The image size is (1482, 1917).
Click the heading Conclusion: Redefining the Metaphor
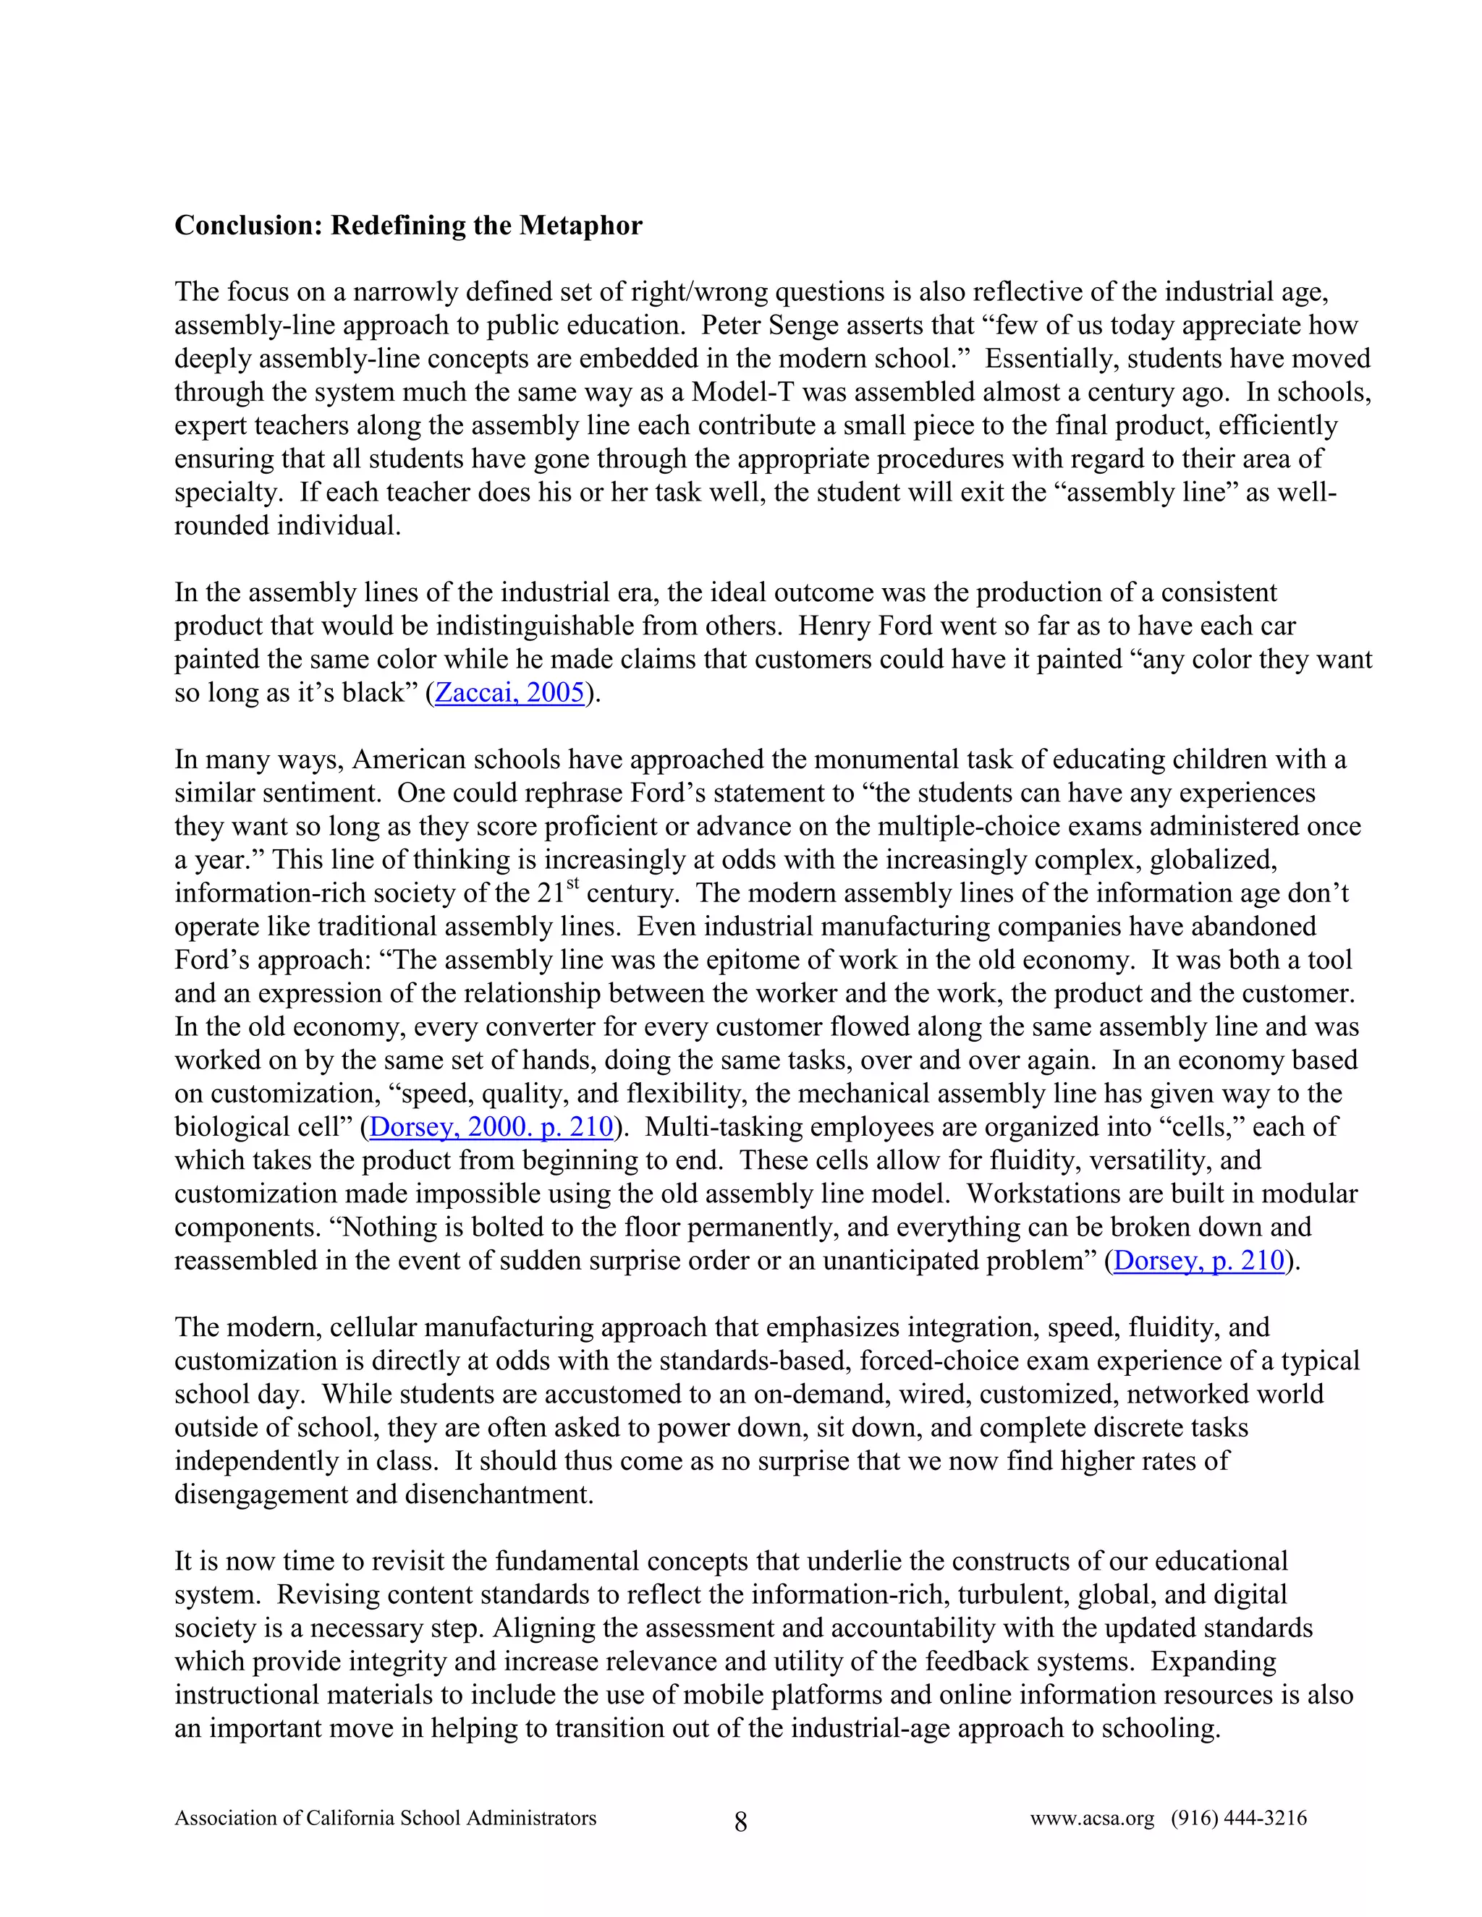coord(408,226)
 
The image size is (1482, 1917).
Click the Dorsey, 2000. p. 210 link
coord(491,1126)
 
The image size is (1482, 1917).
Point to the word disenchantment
coord(501,1494)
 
